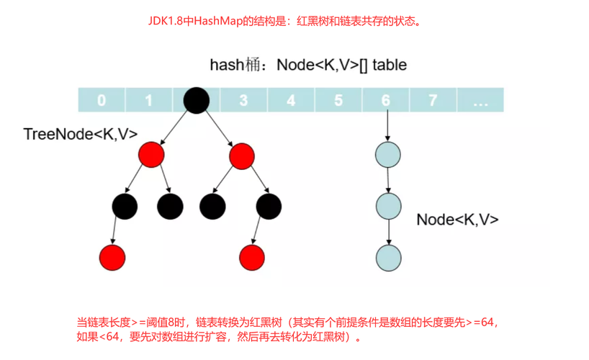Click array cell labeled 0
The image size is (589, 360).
click(x=102, y=100)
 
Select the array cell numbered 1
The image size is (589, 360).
click(x=149, y=100)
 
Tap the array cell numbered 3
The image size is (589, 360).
click(x=243, y=100)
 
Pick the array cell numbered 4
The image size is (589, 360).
click(x=291, y=100)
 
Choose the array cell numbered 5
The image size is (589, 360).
click(x=338, y=100)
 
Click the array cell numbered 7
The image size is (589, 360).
click(x=433, y=100)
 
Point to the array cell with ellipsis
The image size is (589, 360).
click(x=480, y=100)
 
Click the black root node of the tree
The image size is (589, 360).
click(x=196, y=100)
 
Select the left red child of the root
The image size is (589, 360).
click(x=151, y=154)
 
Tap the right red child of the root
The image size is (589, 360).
click(x=241, y=154)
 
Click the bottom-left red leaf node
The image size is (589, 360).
click(x=113, y=257)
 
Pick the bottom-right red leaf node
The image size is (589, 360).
click(x=251, y=257)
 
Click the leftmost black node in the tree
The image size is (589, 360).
click(x=125, y=207)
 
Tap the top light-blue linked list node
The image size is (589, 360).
click(x=388, y=155)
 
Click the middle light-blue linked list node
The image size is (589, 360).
click(x=388, y=207)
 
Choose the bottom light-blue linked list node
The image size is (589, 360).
click(x=388, y=257)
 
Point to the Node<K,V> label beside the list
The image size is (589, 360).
click(x=457, y=220)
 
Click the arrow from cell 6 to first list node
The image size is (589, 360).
click(x=388, y=127)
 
